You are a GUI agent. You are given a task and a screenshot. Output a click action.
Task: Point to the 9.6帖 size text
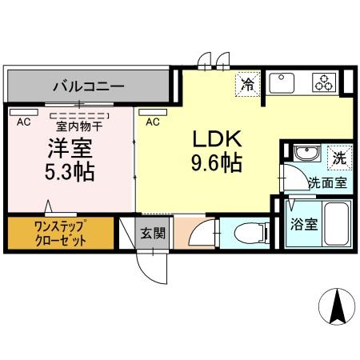(x=215, y=162)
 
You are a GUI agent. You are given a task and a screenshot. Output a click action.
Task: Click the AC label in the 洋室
(x=23, y=122)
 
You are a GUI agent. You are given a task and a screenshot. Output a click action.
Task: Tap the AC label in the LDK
(x=153, y=122)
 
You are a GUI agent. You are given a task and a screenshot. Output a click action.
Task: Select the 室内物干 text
(x=79, y=125)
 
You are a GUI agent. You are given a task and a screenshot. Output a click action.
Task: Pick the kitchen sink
(x=284, y=82)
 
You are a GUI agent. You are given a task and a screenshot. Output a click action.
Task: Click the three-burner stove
(x=322, y=82)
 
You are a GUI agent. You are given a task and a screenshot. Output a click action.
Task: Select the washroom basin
(x=305, y=154)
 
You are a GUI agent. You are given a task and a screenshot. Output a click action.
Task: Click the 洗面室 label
(x=328, y=182)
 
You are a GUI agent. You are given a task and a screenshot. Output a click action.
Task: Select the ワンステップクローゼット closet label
(x=61, y=234)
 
